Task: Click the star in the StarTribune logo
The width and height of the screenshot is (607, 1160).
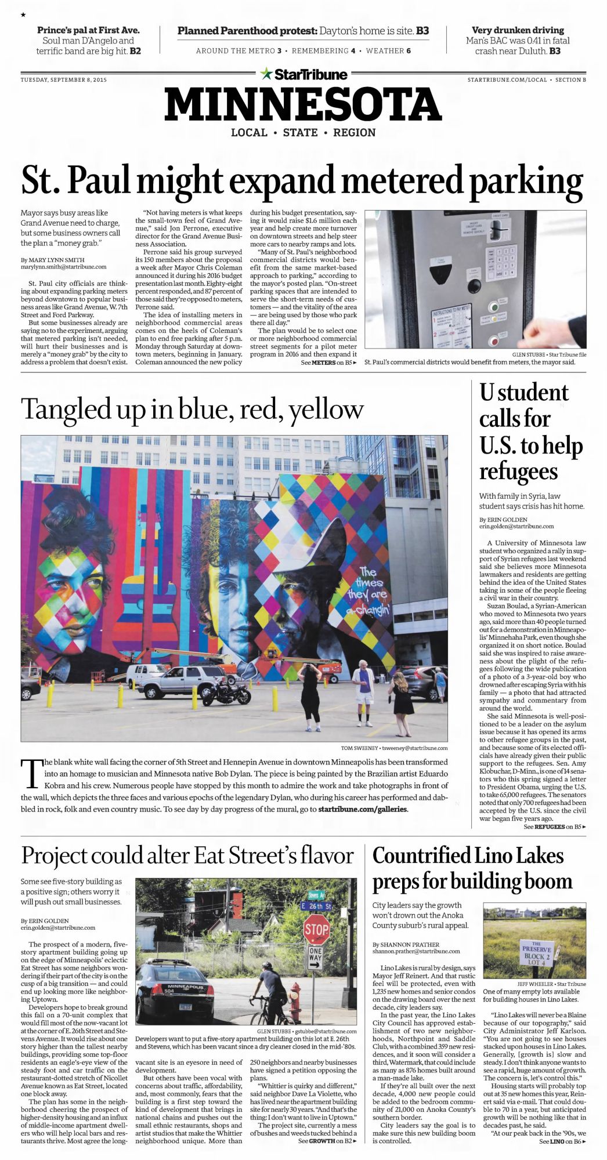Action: (266, 74)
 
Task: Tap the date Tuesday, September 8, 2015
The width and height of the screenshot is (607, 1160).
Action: (64, 80)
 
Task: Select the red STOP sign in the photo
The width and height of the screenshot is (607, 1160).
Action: (316, 929)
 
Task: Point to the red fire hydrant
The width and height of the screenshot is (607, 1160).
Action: (295, 1002)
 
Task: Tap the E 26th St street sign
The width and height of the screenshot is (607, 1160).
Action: (316, 906)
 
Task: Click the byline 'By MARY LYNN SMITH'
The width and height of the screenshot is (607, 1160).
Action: (53, 260)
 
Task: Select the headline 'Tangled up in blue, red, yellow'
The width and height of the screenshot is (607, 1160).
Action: (192, 409)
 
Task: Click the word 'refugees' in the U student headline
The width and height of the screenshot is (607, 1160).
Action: (518, 471)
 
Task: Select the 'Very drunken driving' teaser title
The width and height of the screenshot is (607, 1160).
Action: (518, 30)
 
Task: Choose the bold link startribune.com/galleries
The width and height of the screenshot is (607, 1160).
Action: (363, 809)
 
